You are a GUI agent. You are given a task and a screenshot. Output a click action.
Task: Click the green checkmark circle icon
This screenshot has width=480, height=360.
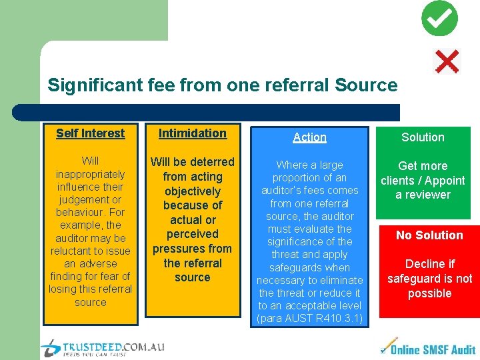[x=440, y=19]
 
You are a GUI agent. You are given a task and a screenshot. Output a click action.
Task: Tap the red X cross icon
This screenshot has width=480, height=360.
[x=447, y=62]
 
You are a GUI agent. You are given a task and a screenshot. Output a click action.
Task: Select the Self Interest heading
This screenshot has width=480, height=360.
[x=90, y=133]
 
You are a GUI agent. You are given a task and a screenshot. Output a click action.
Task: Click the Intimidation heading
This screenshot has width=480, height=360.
[x=192, y=133]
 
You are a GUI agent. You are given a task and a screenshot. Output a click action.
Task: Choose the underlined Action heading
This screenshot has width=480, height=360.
[x=310, y=137]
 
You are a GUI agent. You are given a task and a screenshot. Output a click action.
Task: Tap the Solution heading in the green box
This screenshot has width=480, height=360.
[x=423, y=137]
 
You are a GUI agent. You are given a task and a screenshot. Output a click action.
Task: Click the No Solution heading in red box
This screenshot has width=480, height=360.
[x=429, y=235]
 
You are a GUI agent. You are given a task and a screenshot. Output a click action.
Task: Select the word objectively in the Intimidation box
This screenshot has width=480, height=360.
[x=192, y=191]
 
